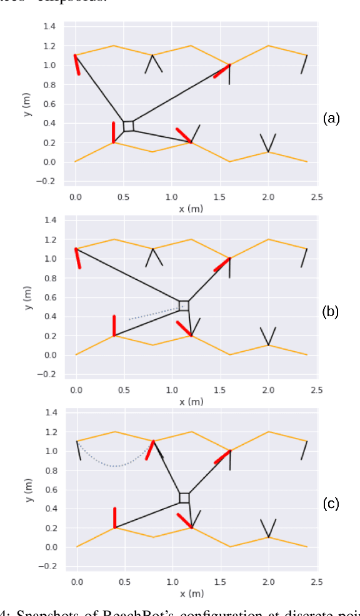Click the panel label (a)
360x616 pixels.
(x=331, y=118)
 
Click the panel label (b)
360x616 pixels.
(x=331, y=312)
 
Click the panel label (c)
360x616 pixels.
(x=331, y=504)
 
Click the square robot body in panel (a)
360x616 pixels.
(x=128, y=126)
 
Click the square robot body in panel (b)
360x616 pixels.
(x=184, y=306)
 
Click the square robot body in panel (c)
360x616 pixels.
(x=184, y=498)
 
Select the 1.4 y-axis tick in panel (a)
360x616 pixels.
(x=49, y=26)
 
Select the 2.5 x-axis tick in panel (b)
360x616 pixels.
(x=316, y=390)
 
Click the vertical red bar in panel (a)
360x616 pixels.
(x=113, y=132)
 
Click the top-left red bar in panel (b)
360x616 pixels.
(x=78, y=258)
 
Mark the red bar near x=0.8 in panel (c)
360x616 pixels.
(x=150, y=450)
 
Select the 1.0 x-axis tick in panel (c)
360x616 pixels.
(x=172, y=582)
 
